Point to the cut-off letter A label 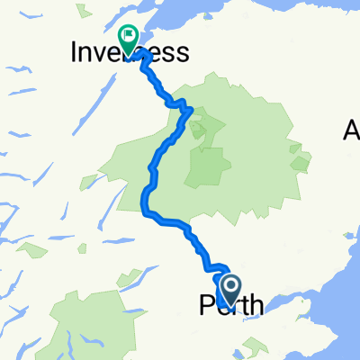click(351, 131)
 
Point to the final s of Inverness click(184, 54)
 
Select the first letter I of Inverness click(74, 54)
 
